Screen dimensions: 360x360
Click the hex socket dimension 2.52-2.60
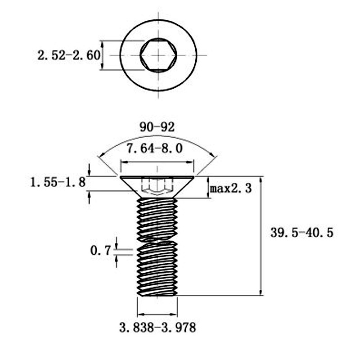(x=69, y=55)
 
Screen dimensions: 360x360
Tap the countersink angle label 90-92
(x=157, y=127)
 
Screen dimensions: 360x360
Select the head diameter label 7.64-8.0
(x=155, y=148)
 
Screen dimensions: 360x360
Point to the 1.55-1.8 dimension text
(x=58, y=183)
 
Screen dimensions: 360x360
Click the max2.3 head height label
(x=231, y=189)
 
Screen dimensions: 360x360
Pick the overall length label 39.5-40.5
(x=301, y=233)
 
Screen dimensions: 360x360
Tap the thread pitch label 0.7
(x=100, y=251)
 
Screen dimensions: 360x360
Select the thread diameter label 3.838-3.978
(x=157, y=328)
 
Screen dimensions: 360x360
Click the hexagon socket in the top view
(x=158, y=55)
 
